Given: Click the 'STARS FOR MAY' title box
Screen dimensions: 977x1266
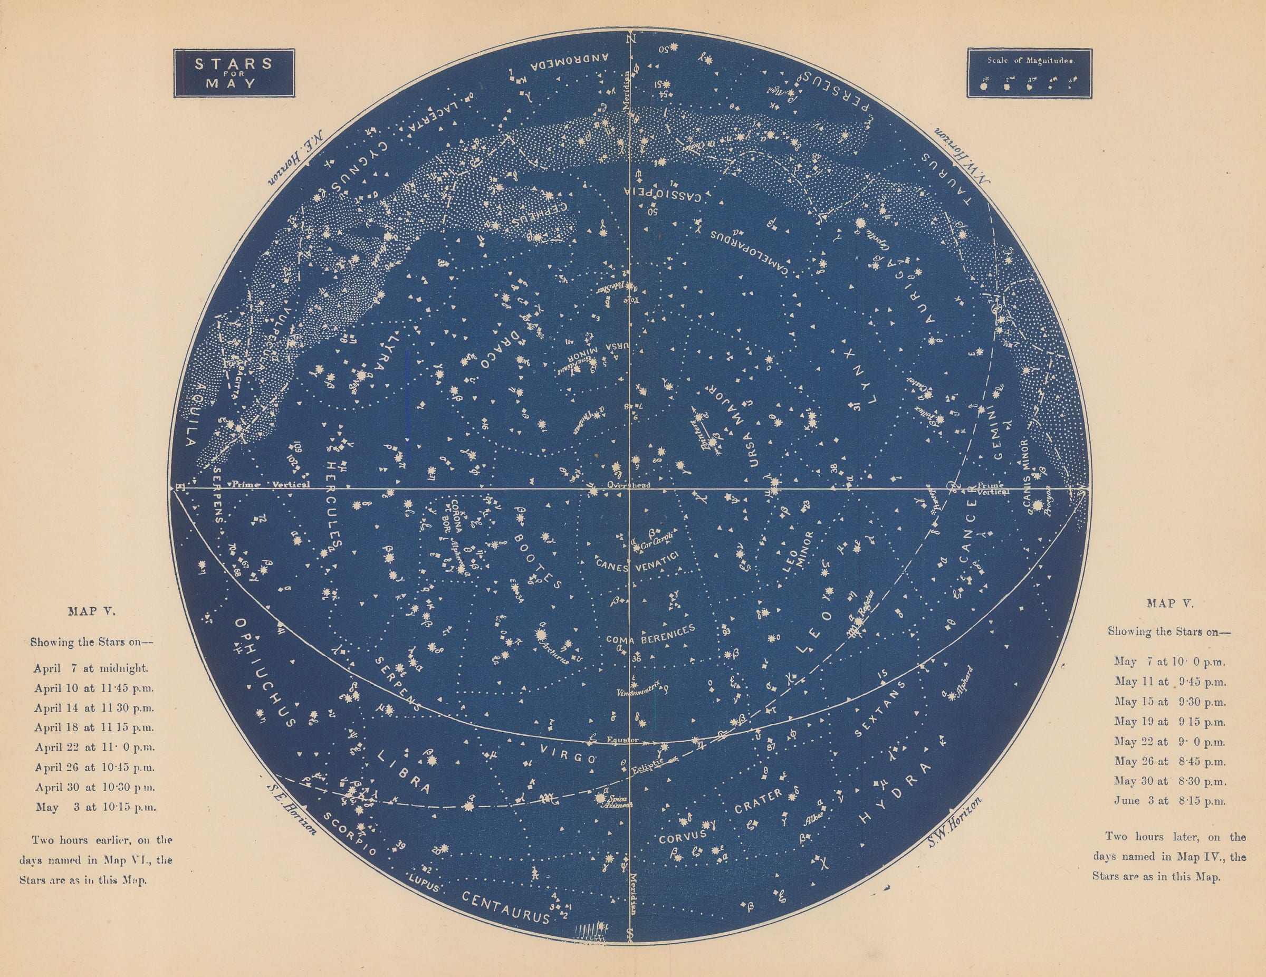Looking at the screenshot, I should tap(234, 72).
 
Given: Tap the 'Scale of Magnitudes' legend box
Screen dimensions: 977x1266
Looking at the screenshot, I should tap(1030, 72).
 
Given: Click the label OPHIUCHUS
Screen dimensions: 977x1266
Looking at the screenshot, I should tap(264, 672).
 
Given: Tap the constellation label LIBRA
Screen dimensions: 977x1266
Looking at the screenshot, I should tap(404, 771).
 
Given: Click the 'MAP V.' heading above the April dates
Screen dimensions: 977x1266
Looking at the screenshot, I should tap(92, 610).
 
